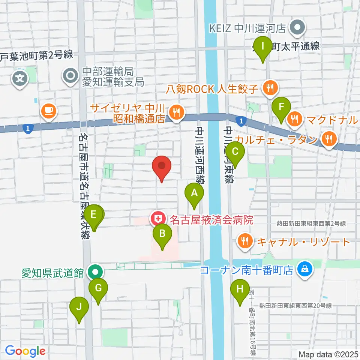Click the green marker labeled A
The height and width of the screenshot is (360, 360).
tap(194, 193)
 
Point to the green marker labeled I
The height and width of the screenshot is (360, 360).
tap(263, 47)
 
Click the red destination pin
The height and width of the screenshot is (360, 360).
tap(162, 166)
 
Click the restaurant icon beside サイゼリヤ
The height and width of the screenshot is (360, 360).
tap(175, 111)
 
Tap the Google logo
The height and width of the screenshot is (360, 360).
tap(25, 351)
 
